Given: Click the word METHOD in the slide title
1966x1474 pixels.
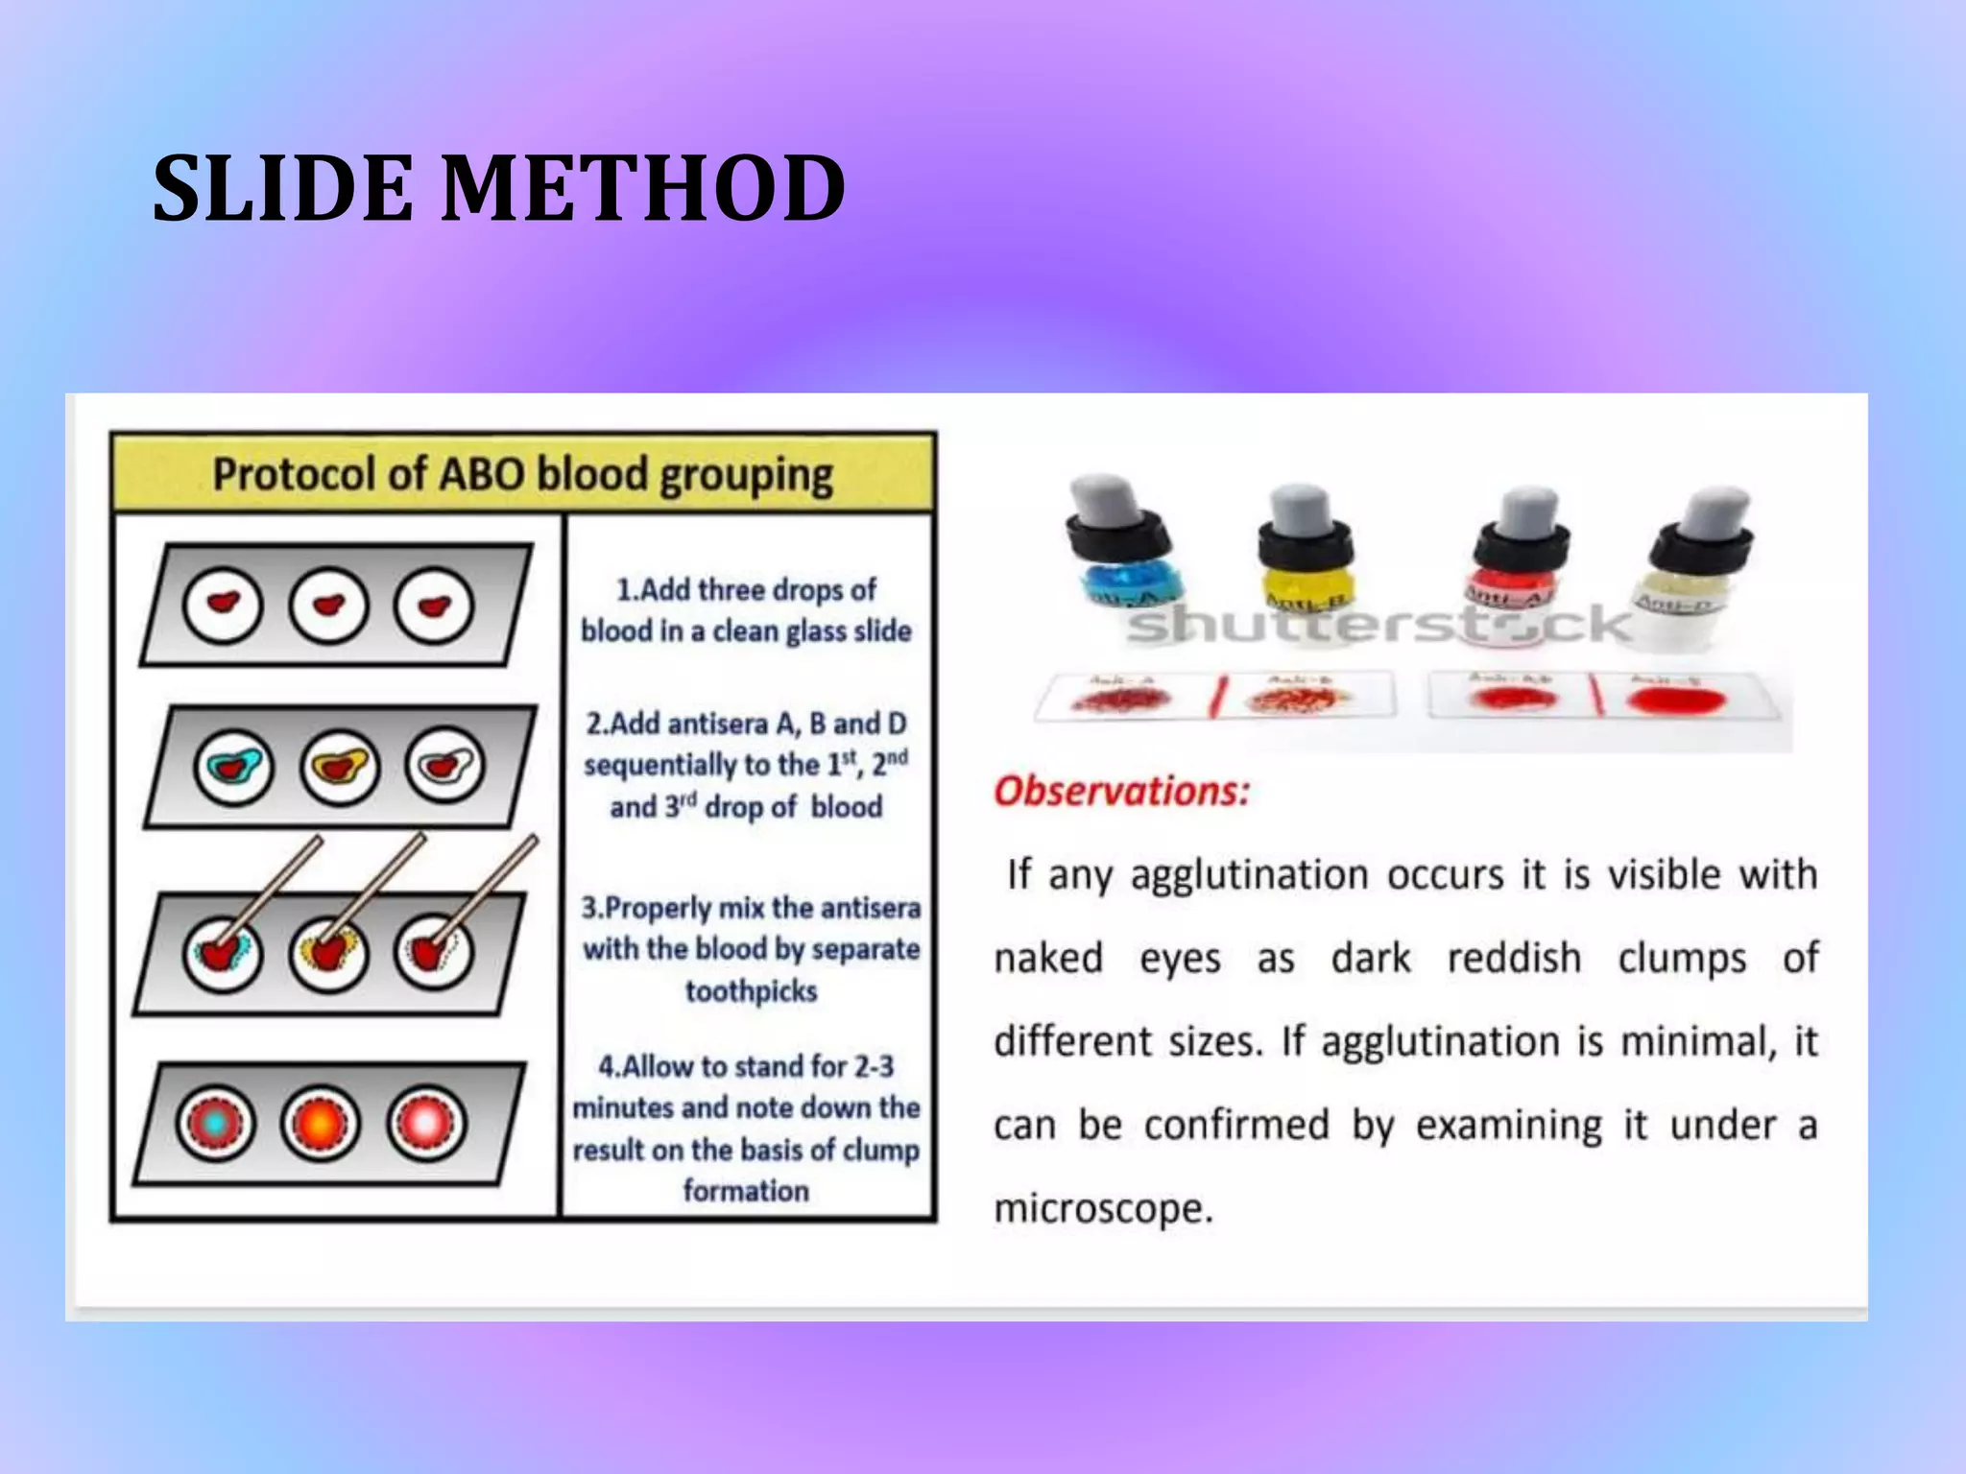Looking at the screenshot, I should pyautogui.click(x=643, y=189).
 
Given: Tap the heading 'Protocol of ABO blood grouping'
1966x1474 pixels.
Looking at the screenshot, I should pyautogui.click(x=522, y=474).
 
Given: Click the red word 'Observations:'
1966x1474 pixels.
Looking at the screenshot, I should pyautogui.click(x=1121, y=792).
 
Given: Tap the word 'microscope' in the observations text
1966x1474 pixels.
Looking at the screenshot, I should pyautogui.click(x=1102, y=1208).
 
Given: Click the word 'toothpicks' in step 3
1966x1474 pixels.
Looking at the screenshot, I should pyautogui.click(x=751, y=990).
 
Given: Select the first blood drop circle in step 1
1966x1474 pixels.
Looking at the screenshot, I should pyautogui.click(x=223, y=605).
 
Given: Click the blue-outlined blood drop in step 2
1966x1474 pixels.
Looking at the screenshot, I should pyautogui.click(x=233, y=767).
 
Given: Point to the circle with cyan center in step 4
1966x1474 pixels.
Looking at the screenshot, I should pyautogui.click(x=216, y=1123).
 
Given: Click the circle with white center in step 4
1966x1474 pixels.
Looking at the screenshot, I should pyautogui.click(x=427, y=1123).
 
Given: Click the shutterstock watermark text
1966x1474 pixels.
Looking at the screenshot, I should pyautogui.click(x=1378, y=625).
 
